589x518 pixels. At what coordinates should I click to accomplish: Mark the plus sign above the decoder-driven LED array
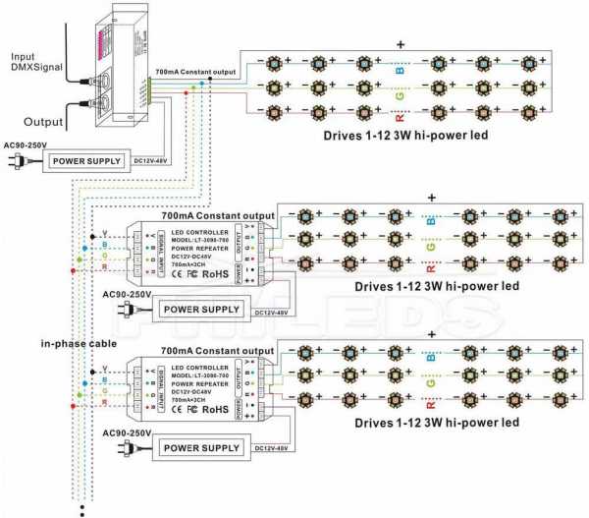(x=401, y=44)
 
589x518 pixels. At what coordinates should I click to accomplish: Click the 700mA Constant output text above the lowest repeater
(x=217, y=351)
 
